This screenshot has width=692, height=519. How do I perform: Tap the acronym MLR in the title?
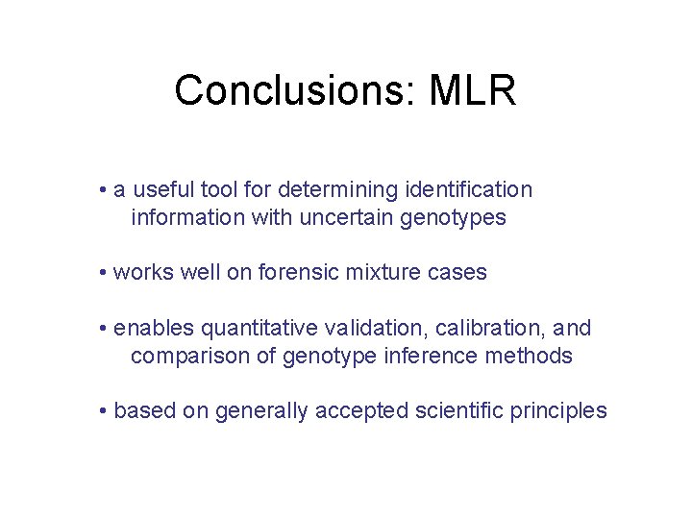[x=473, y=91]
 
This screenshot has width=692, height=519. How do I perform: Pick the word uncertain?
[x=347, y=218]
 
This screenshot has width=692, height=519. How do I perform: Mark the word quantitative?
[x=246, y=329]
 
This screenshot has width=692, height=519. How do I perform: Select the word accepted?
[x=367, y=411]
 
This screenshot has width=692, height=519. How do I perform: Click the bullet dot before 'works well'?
[x=102, y=274]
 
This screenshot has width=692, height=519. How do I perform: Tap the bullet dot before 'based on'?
[x=102, y=412]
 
